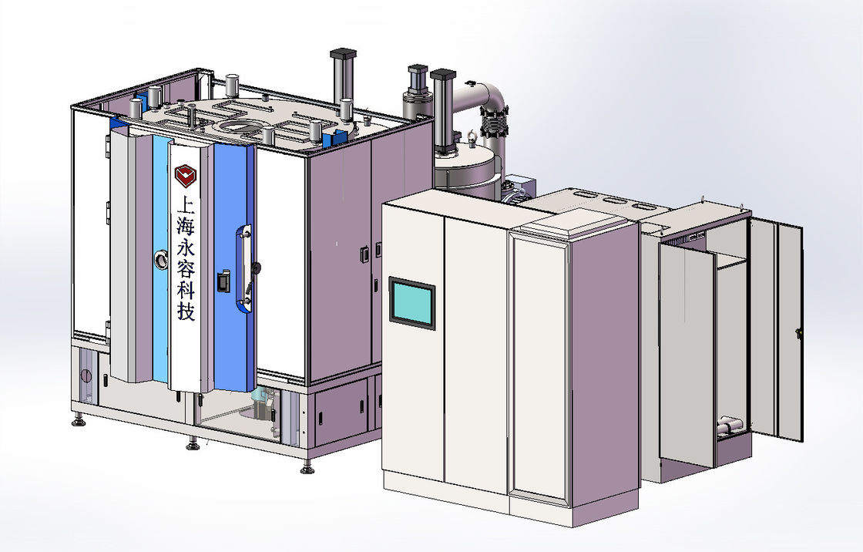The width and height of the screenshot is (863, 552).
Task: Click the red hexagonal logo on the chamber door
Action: pos(185,176)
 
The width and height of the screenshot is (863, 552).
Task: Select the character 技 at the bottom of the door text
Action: pos(186,311)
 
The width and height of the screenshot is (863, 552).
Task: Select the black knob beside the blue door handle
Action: pos(257,268)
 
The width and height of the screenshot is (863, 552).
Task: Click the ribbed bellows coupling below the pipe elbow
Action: pos(493,123)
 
